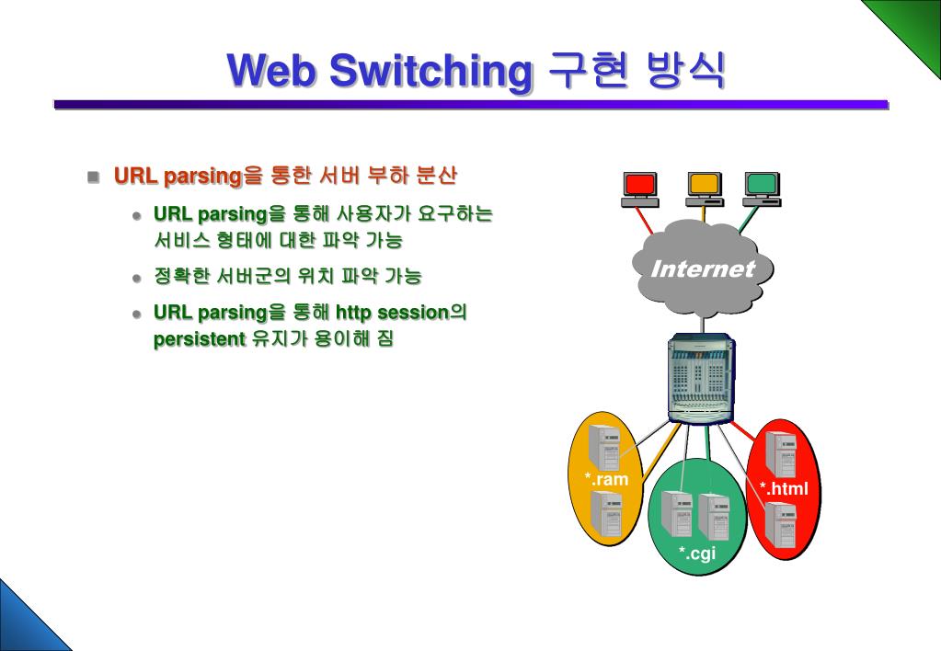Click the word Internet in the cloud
[x=702, y=269]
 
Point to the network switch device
[x=701, y=378]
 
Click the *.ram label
[x=606, y=479]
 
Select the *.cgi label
[x=697, y=553]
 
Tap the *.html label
[x=784, y=488]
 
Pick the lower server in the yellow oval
[x=605, y=513]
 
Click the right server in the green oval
[x=713, y=516]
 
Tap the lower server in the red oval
[x=782, y=525]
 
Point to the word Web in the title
[x=271, y=71]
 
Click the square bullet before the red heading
[x=93, y=177]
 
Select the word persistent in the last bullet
[x=200, y=338]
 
